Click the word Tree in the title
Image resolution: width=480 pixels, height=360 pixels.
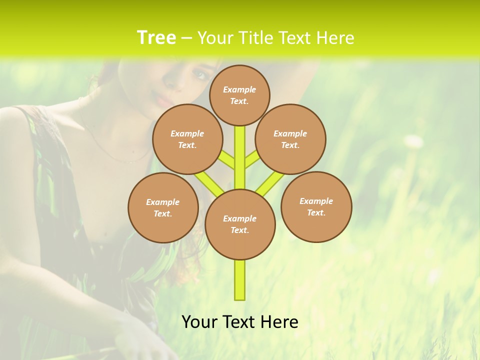(x=156, y=37)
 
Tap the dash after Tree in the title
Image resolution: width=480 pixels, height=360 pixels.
(x=186, y=38)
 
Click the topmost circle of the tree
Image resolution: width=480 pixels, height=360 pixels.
(x=239, y=95)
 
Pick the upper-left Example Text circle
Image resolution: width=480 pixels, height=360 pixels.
(x=187, y=139)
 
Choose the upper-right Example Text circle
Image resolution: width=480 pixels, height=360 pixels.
(x=290, y=139)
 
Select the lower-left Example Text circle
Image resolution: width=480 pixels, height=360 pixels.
(x=163, y=207)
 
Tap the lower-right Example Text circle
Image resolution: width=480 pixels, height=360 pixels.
(x=316, y=206)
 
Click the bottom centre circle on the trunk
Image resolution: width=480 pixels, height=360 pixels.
(x=240, y=224)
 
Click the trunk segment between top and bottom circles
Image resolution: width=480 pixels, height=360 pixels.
(x=240, y=157)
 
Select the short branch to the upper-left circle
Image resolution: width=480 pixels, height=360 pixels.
(x=226, y=159)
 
